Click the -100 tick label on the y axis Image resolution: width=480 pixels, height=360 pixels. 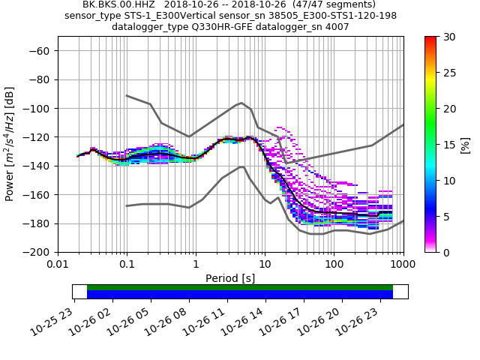pos(37,109)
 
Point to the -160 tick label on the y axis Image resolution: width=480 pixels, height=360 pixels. pos(37,195)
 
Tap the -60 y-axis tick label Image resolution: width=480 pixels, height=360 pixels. pos(39,51)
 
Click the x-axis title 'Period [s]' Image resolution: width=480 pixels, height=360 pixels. pos(230,278)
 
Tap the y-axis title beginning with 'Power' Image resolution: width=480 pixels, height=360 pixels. pos(10,144)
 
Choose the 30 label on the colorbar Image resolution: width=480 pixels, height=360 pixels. pos(448,37)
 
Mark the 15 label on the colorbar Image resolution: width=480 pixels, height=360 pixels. pos(448,145)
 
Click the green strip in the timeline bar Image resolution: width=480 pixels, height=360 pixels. pos(240,287)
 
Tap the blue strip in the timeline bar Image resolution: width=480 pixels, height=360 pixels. pos(240,295)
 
